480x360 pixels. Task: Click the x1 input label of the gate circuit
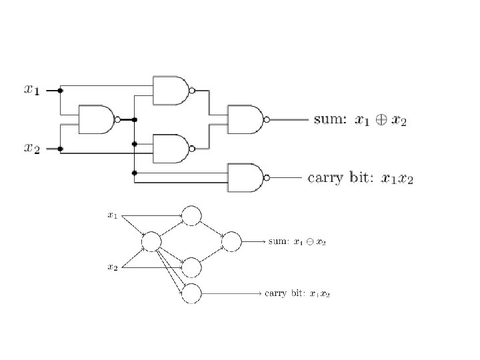[x=31, y=89]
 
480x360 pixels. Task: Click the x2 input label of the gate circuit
[x=31, y=149]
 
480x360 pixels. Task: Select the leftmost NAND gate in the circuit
[x=97, y=119]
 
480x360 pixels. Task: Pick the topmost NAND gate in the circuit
[x=171, y=90]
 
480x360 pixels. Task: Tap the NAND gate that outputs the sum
[x=246, y=119]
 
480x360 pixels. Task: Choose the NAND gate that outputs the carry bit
[x=246, y=178]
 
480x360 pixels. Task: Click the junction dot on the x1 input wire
[x=61, y=90]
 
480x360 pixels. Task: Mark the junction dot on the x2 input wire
[x=61, y=149]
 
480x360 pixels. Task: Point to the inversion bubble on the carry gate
[x=267, y=178]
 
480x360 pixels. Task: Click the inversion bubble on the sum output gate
[x=267, y=119]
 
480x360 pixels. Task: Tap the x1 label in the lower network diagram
[x=113, y=215]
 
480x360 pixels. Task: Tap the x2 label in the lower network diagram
[x=113, y=267]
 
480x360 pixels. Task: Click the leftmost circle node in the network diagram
[x=151, y=241]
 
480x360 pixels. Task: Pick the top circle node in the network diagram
[x=191, y=215]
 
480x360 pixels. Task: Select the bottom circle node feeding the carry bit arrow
[x=191, y=293]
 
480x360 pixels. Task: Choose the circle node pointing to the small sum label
[x=231, y=241]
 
